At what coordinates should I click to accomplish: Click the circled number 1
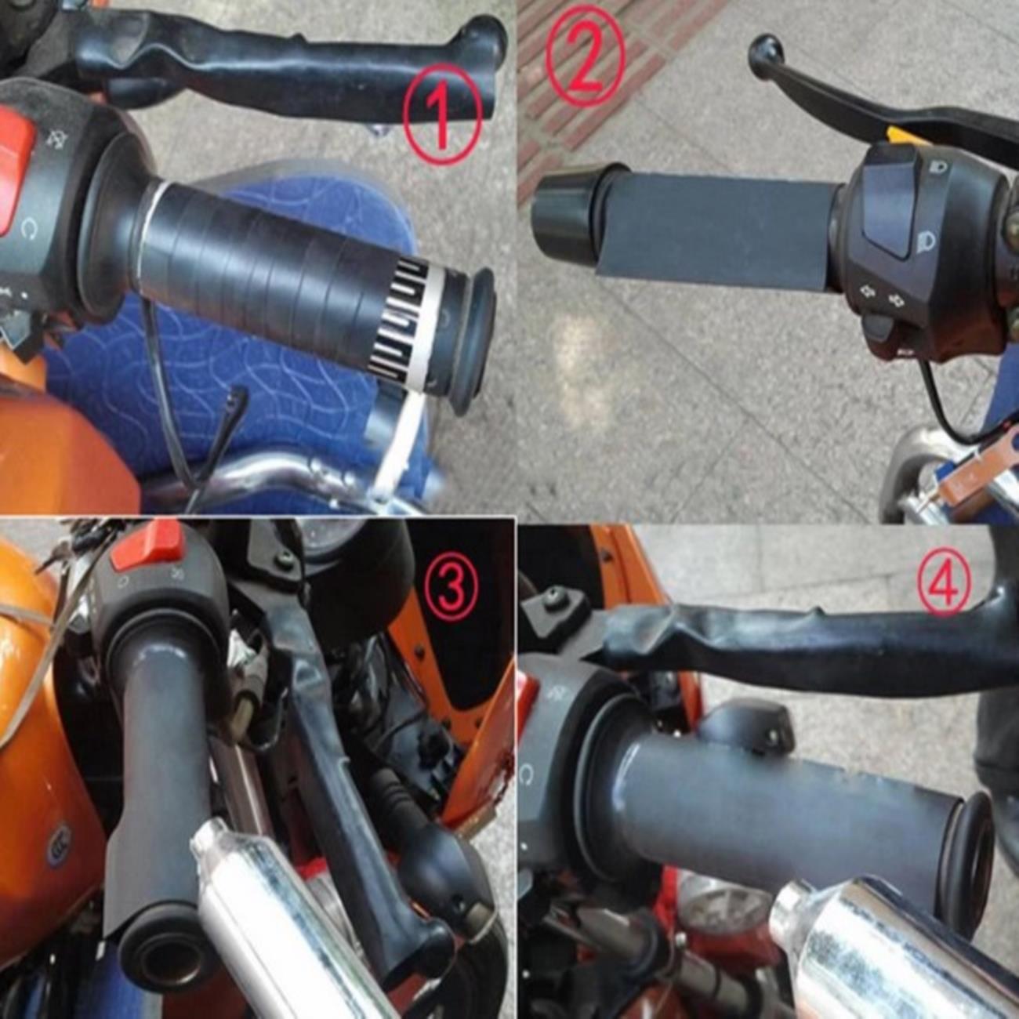(x=442, y=113)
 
